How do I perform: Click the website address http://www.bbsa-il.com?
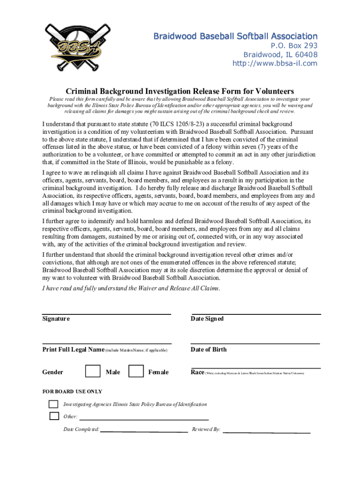coord(275,64)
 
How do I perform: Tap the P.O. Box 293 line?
coord(294,46)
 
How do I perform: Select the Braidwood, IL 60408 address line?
coord(280,55)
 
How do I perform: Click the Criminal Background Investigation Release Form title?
coord(180,91)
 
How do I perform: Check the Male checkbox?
coord(93,371)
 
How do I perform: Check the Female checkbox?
coord(136,371)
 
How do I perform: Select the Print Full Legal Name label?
coord(73,349)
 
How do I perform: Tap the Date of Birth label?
coord(209,349)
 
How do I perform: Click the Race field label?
coord(197,372)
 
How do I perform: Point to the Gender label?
coord(53,372)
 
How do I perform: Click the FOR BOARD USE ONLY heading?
coord(72,392)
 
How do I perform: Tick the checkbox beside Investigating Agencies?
coord(54,404)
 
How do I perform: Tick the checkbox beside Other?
coord(54,416)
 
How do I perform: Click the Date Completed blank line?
coord(144,430)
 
